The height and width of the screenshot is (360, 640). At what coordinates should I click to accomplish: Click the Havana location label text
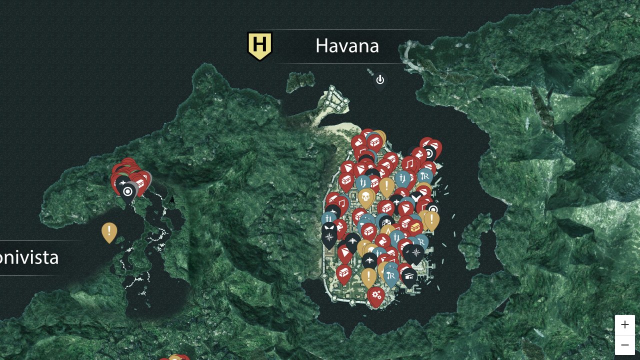[x=347, y=46]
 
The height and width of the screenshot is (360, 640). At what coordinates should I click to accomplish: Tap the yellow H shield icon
[x=259, y=45]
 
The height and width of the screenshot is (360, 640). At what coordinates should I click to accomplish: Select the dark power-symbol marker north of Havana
[x=380, y=80]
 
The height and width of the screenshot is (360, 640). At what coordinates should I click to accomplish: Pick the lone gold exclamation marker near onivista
[x=109, y=231]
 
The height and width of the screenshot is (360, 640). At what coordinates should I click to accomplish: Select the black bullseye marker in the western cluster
[x=128, y=191]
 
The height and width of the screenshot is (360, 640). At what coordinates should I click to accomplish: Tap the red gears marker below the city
[x=376, y=295]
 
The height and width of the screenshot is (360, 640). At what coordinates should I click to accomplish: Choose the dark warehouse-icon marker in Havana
[x=409, y=276]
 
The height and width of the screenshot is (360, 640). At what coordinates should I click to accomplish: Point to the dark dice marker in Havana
[x=385, y=221]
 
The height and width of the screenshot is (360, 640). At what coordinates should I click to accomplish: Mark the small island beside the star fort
[x=301, y=81]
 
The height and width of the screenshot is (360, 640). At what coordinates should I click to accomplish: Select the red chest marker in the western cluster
[x=140, y=183]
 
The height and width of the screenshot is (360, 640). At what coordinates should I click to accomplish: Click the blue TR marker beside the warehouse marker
[x=391, y=276]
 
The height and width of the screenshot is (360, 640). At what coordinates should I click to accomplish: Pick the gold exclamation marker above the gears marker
[x=368, y=276]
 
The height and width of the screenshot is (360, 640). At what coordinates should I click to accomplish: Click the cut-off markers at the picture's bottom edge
[x=174, y=357]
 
